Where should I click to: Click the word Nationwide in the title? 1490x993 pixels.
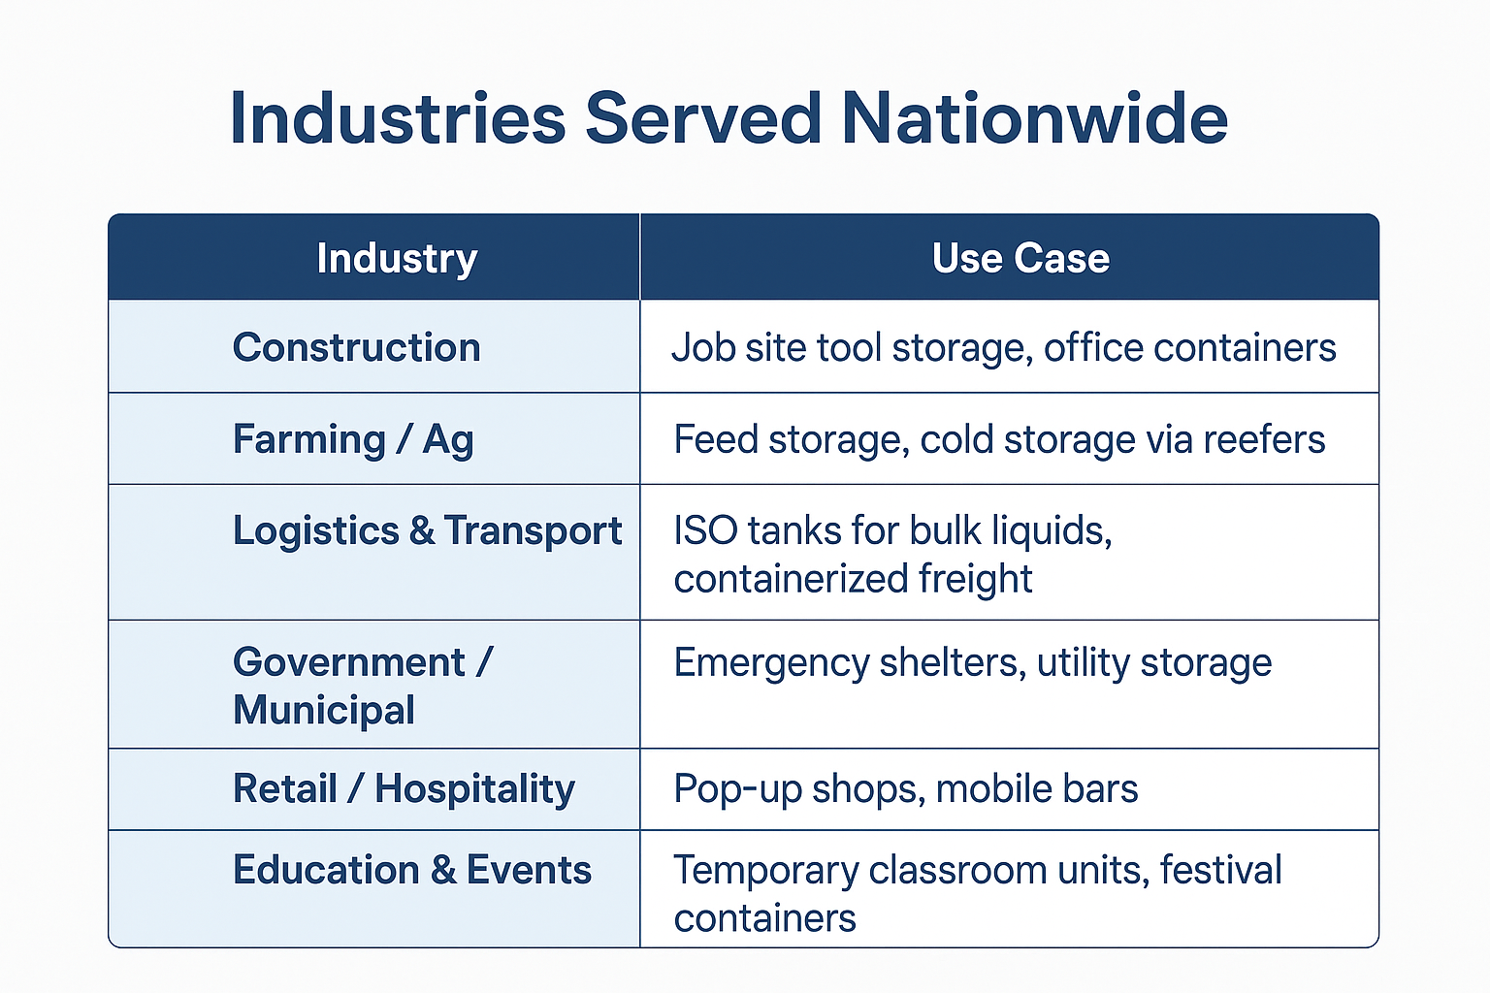(x=1034, y=118)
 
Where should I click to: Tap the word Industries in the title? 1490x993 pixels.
(x=398, y=118)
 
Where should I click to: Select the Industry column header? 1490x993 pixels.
(x=397, y=258)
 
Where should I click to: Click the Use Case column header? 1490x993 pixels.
(x=1020, y=258)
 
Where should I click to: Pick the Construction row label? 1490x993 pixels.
(x=357, y=347)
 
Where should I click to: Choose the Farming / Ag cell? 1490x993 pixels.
(x=353, y=439)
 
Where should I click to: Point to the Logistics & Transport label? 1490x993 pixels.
(x=428, y=530)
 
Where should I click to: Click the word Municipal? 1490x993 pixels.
(x=324, y=710)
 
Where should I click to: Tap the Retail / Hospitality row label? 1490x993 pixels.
(x=404, y=788)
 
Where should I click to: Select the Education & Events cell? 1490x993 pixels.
(x=411, y=870)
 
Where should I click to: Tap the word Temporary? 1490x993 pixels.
(x=766, y=871)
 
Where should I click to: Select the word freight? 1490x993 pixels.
(x=976, y=579)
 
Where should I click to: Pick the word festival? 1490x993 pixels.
(x=1220, y=869)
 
